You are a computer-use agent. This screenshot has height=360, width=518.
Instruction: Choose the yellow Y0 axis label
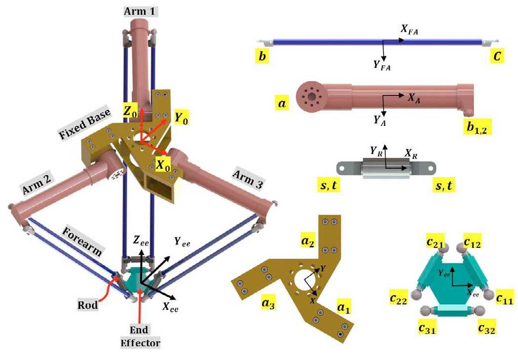181,118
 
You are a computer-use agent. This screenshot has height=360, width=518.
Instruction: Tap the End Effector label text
140,335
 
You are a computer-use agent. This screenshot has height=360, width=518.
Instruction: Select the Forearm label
82,240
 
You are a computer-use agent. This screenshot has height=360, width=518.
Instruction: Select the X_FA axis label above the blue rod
409,31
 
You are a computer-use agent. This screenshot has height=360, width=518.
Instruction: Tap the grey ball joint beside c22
417,294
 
